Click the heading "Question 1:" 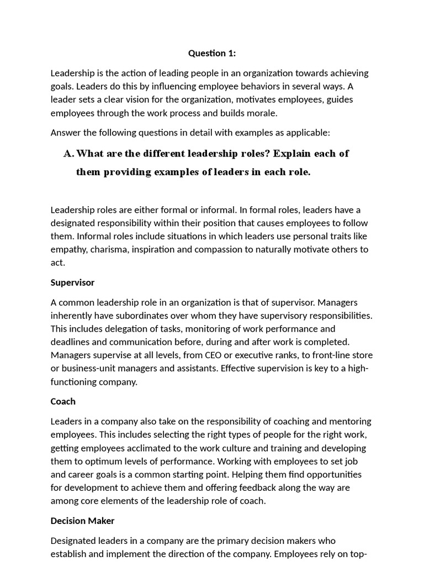click(212, 53)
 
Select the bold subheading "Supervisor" click(72, 282)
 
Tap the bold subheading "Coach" click(63, 401)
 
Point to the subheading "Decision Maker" click(82, 521)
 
